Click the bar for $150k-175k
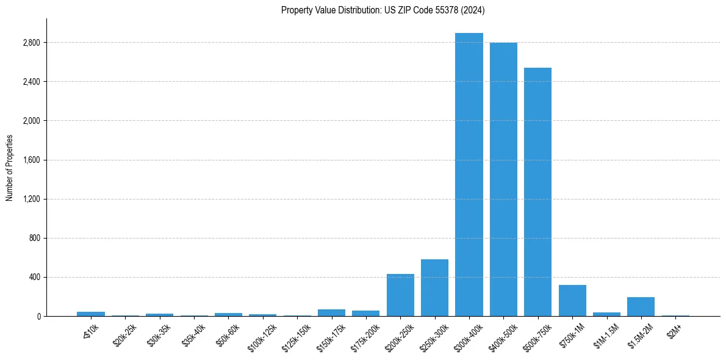(331, 312)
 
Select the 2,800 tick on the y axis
(31, 43)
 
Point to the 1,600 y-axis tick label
(31, 160)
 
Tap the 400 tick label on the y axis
(34, 277)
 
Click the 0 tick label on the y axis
(38, 316)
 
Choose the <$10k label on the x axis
(90, 330)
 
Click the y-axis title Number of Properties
(10, 167)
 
